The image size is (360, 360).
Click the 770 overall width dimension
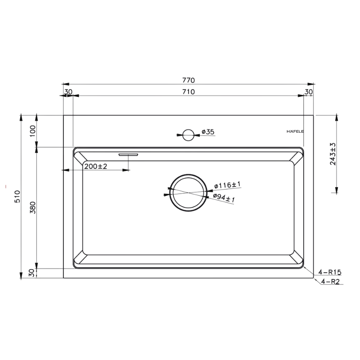[189, 80]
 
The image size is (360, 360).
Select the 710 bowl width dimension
[189, 92]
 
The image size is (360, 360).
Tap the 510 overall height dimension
[18, 197]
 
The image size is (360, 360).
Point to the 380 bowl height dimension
[33, 207]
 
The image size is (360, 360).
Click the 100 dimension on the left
[33, 131]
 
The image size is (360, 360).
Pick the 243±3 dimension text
[333, 154]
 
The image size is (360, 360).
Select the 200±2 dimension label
[96, 166]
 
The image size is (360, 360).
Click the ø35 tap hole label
[208, 132]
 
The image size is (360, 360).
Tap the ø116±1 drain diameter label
[227, 185]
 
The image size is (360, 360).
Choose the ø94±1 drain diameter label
[224, 198]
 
